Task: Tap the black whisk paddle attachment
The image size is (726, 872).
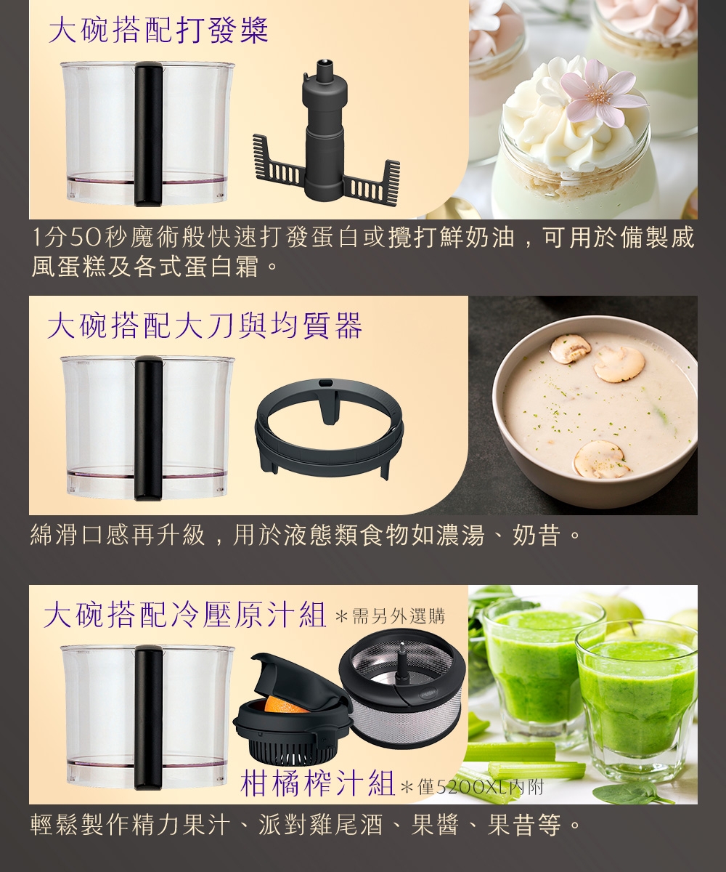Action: click(326, 134)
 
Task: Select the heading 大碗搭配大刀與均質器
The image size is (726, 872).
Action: click(205, 326)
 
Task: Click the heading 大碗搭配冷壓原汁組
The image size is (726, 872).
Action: click(184, 615)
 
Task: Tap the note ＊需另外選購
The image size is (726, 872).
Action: click(391, 616)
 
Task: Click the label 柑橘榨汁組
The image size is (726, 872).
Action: click(317, 782)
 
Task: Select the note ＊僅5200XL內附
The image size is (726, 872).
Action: click(472, 788)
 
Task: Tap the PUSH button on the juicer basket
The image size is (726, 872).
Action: click(429, 693)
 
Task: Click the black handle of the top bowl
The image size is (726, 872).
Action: click(149, 134)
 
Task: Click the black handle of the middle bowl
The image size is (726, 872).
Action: click(149, 428)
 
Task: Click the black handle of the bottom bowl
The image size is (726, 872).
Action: click(149, 717)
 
